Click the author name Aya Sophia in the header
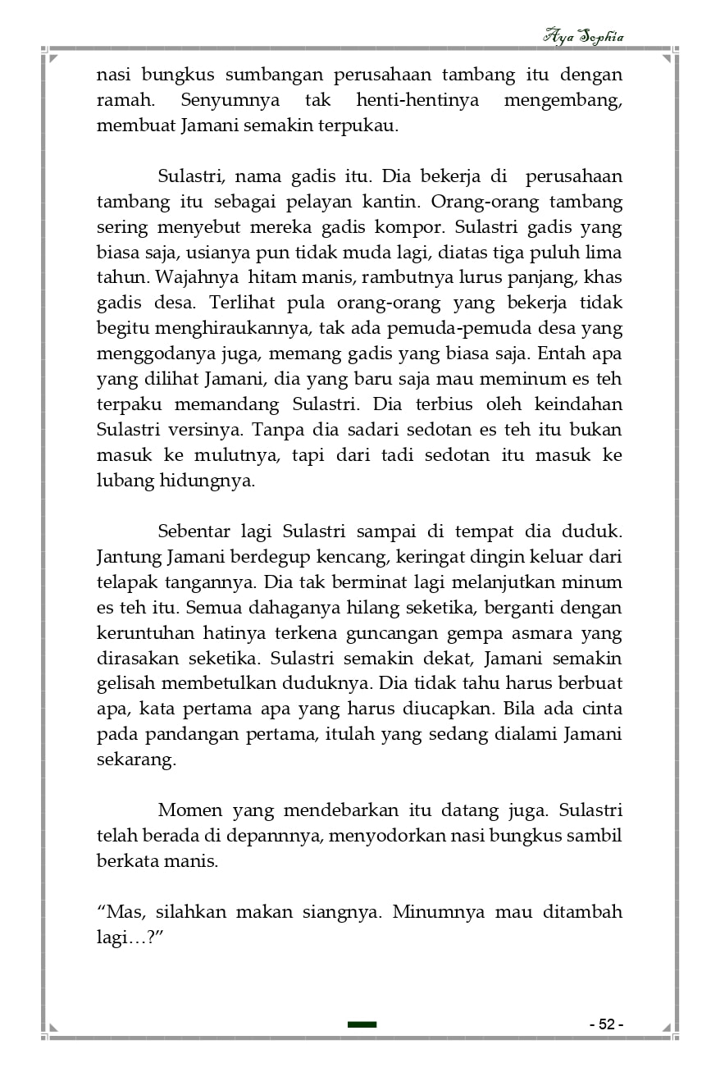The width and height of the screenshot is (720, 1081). point(583,36)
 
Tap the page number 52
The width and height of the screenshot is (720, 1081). point(606,1024)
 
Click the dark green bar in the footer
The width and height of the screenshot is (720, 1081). point(362,1024)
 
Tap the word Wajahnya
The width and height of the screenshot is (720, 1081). point(194,277)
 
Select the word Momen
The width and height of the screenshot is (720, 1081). point(189,810)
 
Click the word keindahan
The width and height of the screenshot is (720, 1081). point(580,404)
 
